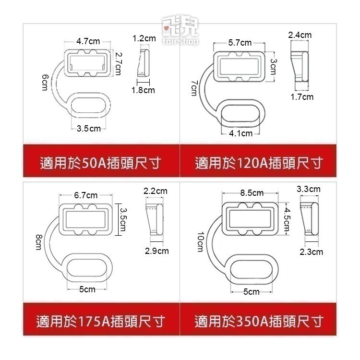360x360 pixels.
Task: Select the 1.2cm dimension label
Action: coord(144,37)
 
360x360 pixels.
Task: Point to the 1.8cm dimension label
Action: coord(144,90)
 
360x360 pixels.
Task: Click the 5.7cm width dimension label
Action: coord(240,43)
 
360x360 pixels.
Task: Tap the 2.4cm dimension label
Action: coord(300,35)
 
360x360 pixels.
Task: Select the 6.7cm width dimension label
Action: coord(86,195)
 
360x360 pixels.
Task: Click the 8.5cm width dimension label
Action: coord(252,193)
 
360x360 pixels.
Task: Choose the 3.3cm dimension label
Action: coord(309,189)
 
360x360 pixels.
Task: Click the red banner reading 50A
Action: coord(100,163)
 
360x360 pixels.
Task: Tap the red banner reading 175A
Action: coord(100,321)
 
